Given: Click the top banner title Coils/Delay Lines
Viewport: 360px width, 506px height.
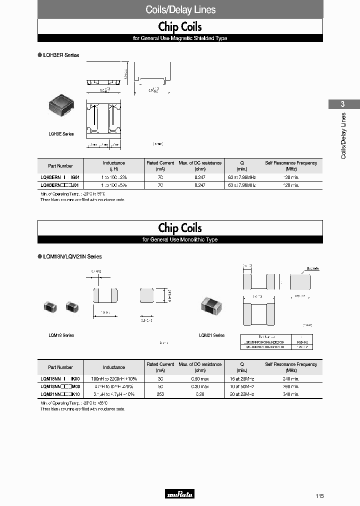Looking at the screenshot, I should pyautogui.click(x=180, y=9).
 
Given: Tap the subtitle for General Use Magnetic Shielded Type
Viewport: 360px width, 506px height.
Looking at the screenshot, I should pyautogui.click(x=180, y=38).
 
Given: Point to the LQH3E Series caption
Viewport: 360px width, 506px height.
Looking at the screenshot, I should pyautogui.click(x=61, y=133).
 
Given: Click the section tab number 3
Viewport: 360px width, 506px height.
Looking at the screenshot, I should pyautogui.click(x=343, y=104).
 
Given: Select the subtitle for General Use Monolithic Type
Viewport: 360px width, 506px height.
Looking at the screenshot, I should pyautogui.click(x=180, y=239).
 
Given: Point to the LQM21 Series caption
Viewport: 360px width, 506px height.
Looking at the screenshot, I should pyautogui.click(x=211, y=335).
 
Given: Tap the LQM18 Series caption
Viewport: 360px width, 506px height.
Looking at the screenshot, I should pyautogui.click(x=61, y=335).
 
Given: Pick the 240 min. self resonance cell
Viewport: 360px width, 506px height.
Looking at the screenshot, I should pyautogui.click(x=291, y=379).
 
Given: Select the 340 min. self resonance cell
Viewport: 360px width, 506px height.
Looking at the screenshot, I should pyautogui.click(x=291, y=394).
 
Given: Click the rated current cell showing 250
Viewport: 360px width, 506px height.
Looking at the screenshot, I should pyautogui.click(x=160, y=394).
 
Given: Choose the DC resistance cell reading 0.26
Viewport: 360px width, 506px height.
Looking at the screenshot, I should pyautogui.click(x=200, y=394).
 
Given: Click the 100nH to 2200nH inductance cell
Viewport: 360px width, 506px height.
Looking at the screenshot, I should pyautogui.click(x=114, y=379).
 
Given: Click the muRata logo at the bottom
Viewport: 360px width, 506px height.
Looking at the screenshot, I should pyautogui.click(x=179, y=494).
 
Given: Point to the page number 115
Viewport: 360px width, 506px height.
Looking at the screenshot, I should pyautogui.click(x=319, y=496).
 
